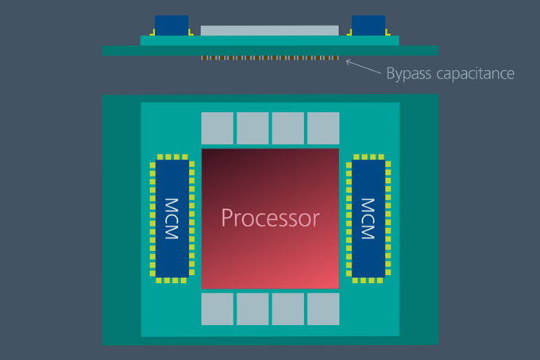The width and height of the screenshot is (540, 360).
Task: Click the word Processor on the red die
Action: click(270, 219)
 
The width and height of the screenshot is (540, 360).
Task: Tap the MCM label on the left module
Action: click(172, 219)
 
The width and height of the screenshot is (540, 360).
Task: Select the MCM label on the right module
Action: click(368, 219)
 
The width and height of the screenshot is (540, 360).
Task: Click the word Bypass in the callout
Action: click(409, 74)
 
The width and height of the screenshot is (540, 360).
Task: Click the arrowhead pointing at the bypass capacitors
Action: click(349, 62)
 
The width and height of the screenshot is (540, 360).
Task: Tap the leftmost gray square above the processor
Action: click(218, 128)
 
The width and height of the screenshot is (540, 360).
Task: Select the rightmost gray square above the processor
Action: click(323, 128)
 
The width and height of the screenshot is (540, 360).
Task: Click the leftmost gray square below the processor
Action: click(218, 309)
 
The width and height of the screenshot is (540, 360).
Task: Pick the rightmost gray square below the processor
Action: click(323, 309)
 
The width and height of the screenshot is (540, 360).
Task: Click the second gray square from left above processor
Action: click(253, 128)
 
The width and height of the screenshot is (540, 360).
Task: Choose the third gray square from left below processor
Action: click(288, 309)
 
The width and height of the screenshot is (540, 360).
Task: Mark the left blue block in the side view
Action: click(172, 25)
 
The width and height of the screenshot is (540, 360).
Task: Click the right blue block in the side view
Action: click(368, 25)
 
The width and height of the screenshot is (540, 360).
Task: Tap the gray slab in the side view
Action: click(270, 30)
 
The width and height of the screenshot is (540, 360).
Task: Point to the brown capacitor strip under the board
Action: click(270, 58)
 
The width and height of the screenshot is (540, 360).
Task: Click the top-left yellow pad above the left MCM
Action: click(160, 157)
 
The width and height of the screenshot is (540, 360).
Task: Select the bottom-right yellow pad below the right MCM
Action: click(380, 281)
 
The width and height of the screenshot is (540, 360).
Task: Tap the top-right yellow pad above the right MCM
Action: click(381, 157)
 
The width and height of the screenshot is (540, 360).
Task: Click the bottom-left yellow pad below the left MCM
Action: click(159, 281)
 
